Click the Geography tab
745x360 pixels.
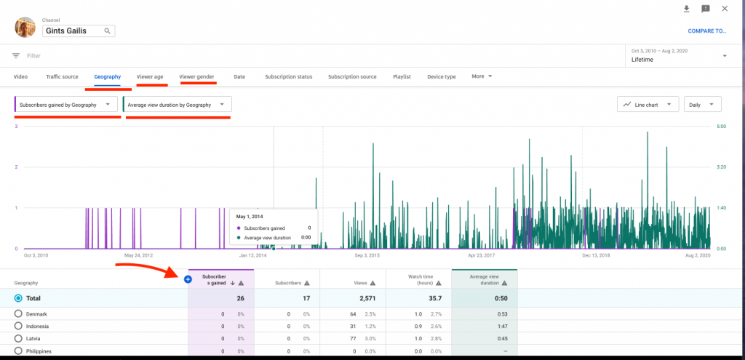pos(107,76)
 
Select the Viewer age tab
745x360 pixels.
pos(150,76)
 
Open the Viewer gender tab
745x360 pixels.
pos(196,76)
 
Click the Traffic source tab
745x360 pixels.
pos(62,76)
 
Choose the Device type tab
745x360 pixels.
pos(441,76)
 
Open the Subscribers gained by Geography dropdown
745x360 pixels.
pos(66,105)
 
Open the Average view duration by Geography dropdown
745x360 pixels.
pos(178,105)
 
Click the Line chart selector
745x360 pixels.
pos(648,105)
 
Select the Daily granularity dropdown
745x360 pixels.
pos(702,105)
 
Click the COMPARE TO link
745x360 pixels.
pos(706,31)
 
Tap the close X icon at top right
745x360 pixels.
pos(725,9)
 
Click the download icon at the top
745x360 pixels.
pos(686,9)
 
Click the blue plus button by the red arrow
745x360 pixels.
pos(188,279)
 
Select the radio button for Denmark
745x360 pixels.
pos(18,313)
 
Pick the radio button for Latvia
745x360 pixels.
pos(18,339)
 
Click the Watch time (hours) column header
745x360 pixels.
pos(418,280)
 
